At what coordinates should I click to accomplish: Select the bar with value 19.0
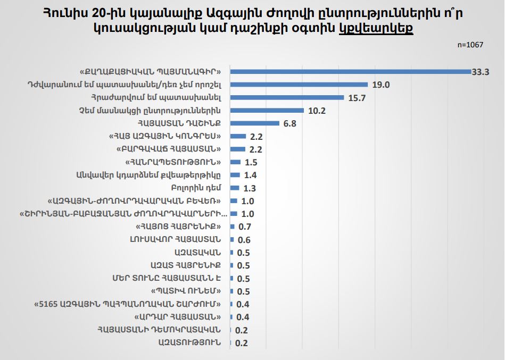tap(299, 84)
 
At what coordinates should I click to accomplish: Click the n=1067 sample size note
tap(470, 45)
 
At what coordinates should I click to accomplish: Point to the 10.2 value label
tap(316, 111)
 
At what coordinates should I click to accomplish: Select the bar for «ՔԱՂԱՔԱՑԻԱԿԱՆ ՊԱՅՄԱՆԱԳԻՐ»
tap(351, 71)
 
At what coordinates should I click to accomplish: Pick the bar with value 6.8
tap(255, 123)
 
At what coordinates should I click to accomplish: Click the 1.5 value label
tap(252, 162)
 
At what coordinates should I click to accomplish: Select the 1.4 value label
tap(251, 175)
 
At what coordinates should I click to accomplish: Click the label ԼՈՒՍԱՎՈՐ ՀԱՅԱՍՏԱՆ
tap(182, 239)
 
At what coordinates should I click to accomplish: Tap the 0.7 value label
tap(244, 227)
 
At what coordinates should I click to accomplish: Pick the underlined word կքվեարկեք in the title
tap(376, 28)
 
